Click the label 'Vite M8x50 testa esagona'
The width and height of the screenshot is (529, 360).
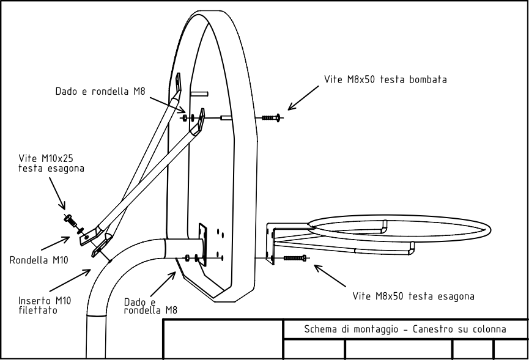pyautogui.click(x=413, y=296)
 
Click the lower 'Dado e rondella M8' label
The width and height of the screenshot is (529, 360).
pyautogui.click(x=150, y=306)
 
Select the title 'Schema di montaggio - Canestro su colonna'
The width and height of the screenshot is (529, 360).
pyautogui.click(x=405, y=329)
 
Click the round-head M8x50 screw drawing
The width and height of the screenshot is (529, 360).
pyautogui.click(x=272, y=117)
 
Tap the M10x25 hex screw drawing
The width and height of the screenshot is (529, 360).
pyautogui.click(x=69, y=219)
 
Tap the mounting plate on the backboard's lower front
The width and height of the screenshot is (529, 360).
pyautogui.click(x=204, y=243)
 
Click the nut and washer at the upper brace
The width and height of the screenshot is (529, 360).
pyautogui.click(x=190, y=116)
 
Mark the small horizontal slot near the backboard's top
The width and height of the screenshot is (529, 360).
pyautogui.click(x=199, y=94)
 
